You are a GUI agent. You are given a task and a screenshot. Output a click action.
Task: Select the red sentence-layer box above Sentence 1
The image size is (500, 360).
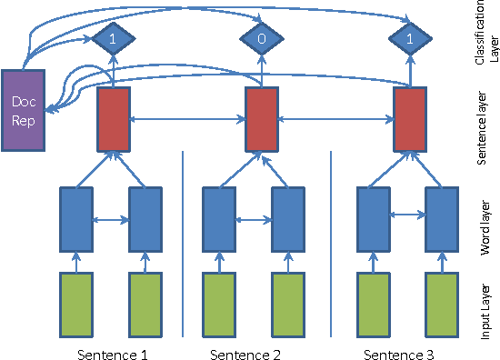(x=114, y=119)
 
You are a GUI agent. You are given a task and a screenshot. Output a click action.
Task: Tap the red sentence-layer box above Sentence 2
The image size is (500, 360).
(x=262, y=119)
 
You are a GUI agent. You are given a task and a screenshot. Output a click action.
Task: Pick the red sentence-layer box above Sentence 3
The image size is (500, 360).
(x=409, y=119)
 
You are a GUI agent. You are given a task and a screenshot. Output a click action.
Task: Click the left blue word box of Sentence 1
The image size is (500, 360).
(x=76, y=218)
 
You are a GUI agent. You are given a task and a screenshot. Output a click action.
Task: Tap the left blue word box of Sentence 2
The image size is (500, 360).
(x=218, y=218)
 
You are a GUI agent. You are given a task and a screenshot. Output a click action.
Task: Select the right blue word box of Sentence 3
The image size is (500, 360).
(x=443, y=218)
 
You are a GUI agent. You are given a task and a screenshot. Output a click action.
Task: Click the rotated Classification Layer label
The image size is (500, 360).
(x=485, y=36)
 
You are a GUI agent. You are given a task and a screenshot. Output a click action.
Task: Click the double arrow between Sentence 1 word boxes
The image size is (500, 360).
(x=112, y=219)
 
